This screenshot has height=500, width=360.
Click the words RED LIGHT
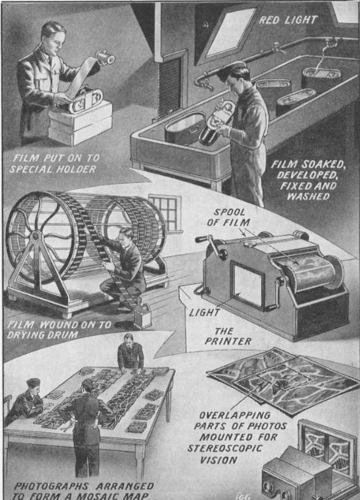pyautogui.click(x=287, y=20)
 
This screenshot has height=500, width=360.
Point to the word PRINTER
pyautogui.click(x=228, y=341)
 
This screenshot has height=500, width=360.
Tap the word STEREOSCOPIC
pyautogui.click(x=225, y=448)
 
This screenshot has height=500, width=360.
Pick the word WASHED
pyautogui.click(x=308, y=196)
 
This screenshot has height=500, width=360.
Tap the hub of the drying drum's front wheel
pyautogui.click(x=35, y=237)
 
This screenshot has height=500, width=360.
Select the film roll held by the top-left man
pyautogui.click(x=106, y=58)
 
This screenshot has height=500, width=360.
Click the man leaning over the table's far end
pyautogui.click(x=130, y=353)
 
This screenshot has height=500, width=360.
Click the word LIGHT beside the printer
pyautogui.click(x=205, y=313)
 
